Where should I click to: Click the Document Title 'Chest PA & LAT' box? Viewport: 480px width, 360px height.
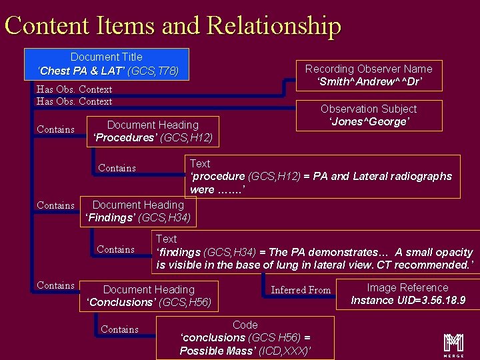pos(107,64)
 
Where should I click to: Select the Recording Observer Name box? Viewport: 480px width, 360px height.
pos(369,75)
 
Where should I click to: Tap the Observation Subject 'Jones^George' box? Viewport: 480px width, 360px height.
pos(369,115)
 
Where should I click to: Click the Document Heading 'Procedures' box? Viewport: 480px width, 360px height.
pos(153,131)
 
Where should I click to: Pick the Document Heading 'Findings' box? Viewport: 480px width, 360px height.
pos(138,211)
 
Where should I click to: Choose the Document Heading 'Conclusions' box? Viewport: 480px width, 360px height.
pos(149,296)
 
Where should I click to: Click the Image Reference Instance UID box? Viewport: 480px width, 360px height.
pos(407,294)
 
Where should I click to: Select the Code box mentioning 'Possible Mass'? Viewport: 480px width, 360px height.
pos(245,337)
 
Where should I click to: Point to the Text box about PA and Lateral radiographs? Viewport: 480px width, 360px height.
pos(322,177)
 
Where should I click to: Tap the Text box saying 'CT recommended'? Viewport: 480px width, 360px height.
pos(314,252)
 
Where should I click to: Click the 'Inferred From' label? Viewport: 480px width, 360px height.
pos(301,290)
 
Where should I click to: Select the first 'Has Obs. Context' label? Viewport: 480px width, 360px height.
pos(74,89)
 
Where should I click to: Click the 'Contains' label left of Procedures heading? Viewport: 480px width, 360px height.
pos(55,129)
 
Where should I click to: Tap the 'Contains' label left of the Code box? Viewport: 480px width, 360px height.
pos(119,329)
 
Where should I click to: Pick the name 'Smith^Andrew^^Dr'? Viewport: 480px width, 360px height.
pos(369,82)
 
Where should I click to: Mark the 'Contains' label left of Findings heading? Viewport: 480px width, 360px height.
pos(55,205)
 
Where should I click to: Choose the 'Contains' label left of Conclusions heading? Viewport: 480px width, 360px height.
pos(55,285)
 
